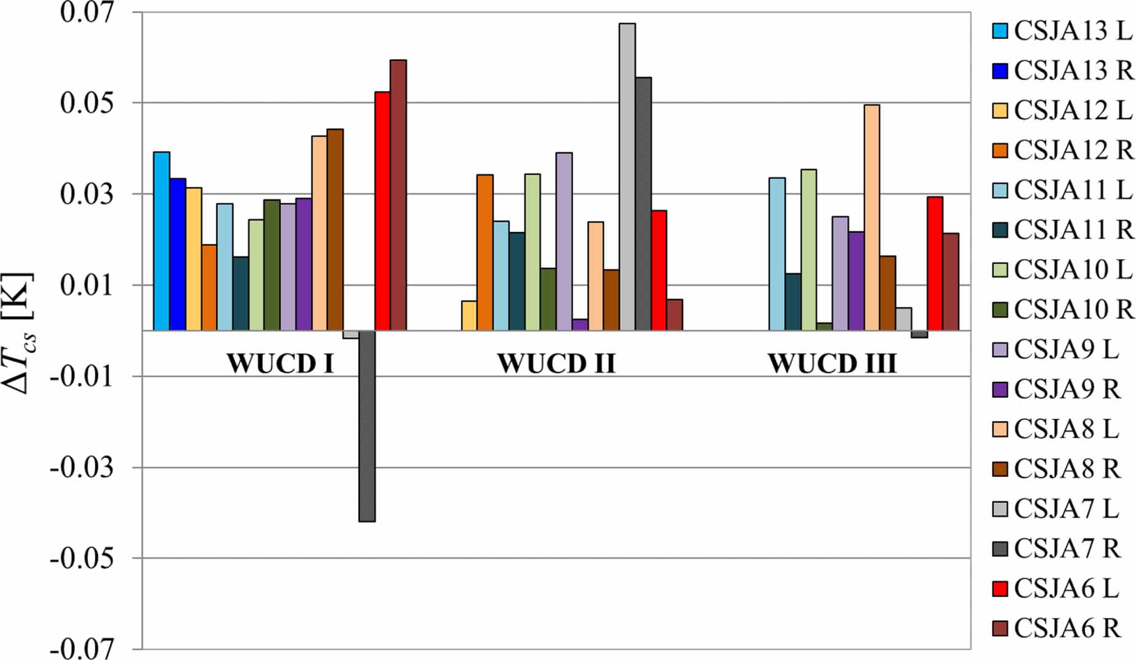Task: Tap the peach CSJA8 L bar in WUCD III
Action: tap(871, 217)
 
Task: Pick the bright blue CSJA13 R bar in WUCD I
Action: tap(177, 254)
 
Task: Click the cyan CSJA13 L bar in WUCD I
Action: tap(161, 241)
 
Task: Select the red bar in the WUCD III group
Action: tap(935, 263)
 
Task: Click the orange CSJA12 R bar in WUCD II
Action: tap(485, 252)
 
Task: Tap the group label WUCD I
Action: tap(280, 363)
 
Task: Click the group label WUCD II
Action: tap(556, 363)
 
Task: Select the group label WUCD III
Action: tap(832, 363)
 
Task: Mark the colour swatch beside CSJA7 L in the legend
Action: tap(1000, 509)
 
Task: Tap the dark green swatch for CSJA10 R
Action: tap(1000, 309)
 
